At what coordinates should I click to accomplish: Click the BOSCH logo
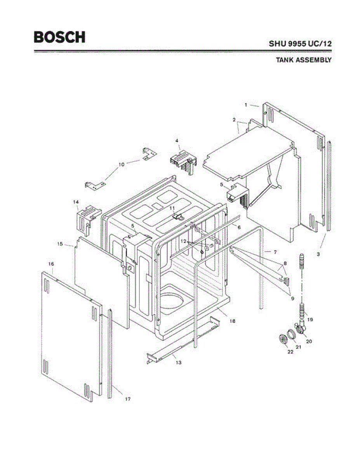click(59, 37)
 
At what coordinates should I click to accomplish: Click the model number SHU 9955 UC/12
click(300, 44)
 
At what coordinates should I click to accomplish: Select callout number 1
click(246, 104)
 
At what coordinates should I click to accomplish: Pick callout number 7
click(275, 252)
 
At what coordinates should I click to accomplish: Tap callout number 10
click(121, 164)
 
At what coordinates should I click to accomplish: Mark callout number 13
click(178, 362)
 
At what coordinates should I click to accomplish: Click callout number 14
click(76, 202)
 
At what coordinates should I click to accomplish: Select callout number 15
click(60, 244)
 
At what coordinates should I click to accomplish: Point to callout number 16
click(51, 264)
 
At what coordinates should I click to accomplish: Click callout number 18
click(232, 321)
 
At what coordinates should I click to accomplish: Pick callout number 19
click(310, 320)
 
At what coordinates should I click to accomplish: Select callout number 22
click(290, 352)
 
